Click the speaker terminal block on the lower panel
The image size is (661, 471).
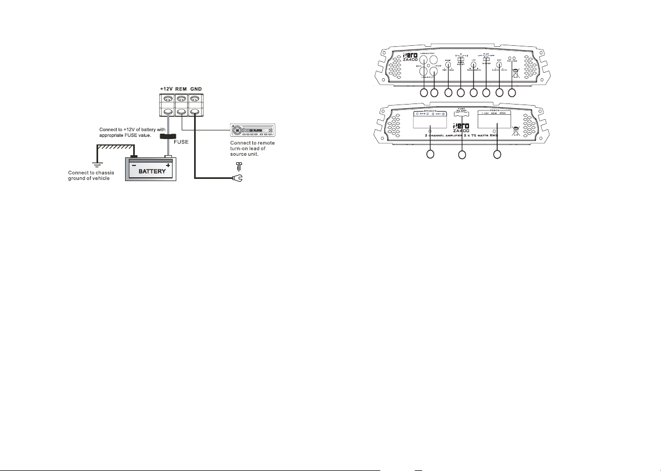tap(430, 120)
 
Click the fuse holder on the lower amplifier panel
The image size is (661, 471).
tap(462, 115)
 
